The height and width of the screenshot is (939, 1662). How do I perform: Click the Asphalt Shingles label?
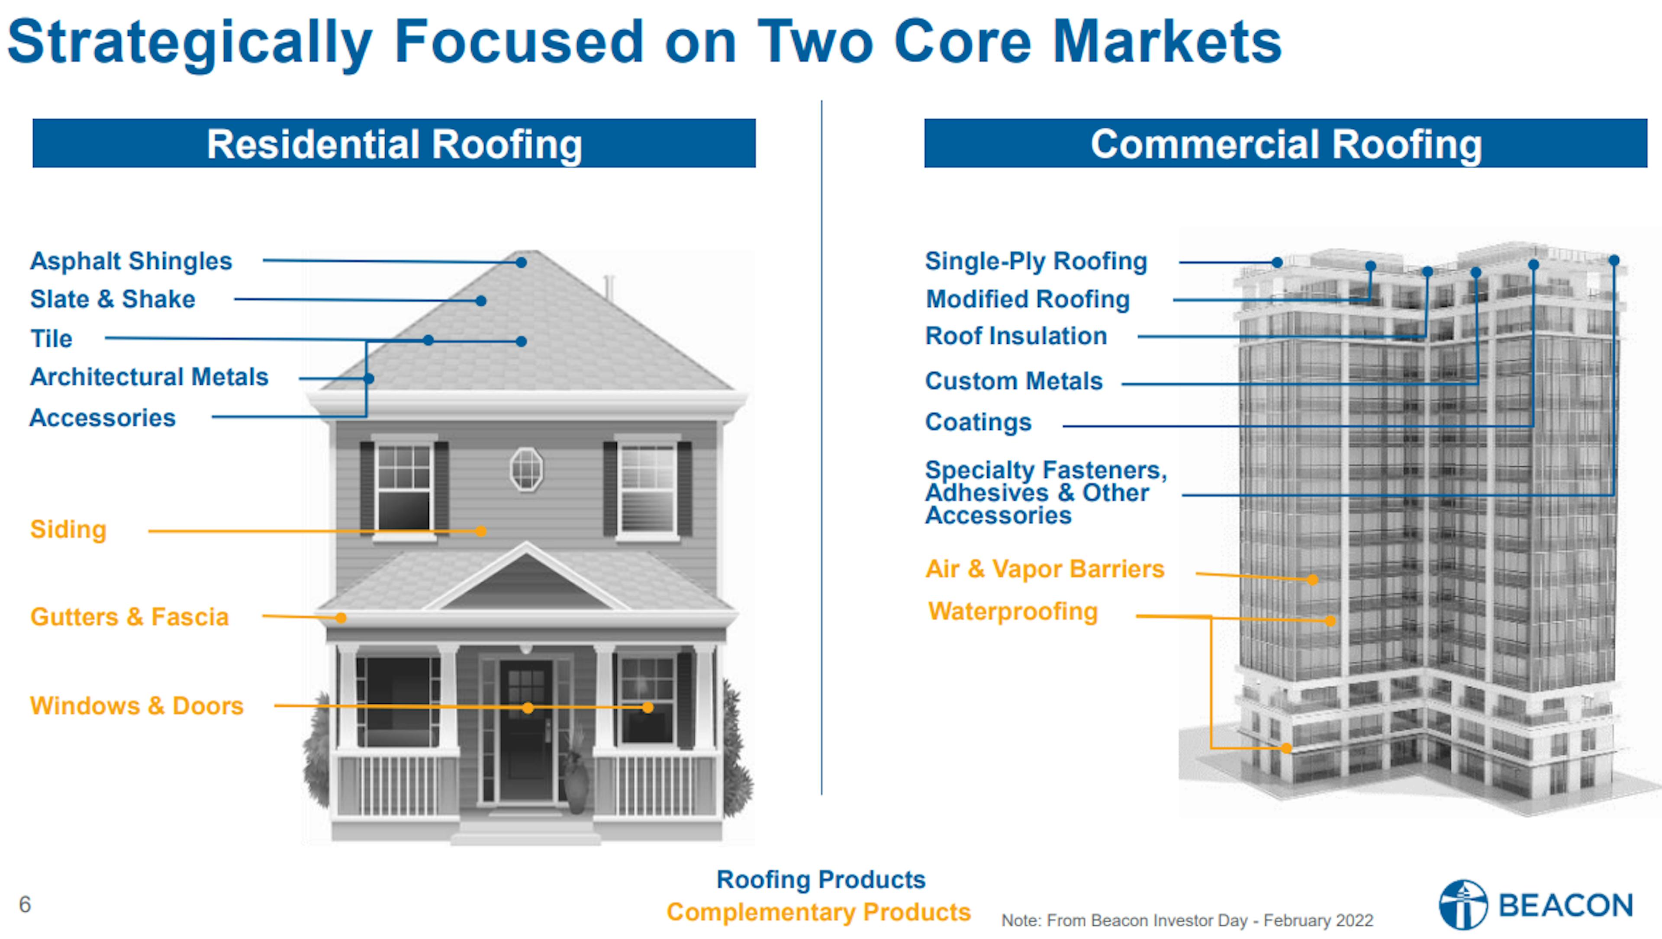pos(131,261)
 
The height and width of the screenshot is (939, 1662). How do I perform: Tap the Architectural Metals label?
pos(149,377)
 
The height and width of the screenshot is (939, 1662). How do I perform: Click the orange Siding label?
pos(68,529)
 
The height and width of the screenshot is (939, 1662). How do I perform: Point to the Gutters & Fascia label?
pos(129,617)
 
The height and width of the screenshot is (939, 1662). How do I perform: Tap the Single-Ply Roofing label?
pos(1036,261)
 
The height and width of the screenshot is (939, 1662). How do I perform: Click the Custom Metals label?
pos(1014,381)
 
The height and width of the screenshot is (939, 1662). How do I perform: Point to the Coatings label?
pos(978,423)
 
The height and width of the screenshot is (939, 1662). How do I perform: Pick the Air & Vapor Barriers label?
pos(1044,569)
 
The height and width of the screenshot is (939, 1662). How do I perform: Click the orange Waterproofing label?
pos(1013,612)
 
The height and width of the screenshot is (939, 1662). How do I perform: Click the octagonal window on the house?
pos(526,469)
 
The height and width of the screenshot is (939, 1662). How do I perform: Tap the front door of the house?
pos(526,729)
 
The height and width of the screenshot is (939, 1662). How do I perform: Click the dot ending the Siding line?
pos(481,531)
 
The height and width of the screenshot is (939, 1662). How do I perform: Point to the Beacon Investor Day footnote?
pos(1187,920)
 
